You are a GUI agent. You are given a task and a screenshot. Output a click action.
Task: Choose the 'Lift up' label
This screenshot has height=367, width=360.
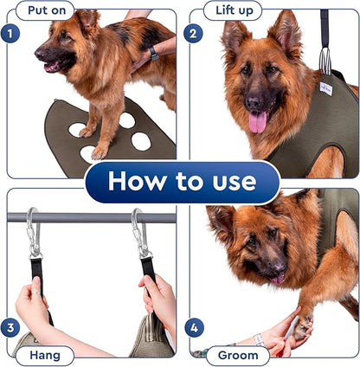tap(232, 10)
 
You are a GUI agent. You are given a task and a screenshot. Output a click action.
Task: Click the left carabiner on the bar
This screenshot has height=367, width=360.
tap(33, 234)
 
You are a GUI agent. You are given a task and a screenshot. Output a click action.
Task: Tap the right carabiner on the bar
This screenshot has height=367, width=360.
tap(139, 234)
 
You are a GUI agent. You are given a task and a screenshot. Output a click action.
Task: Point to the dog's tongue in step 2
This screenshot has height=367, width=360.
tap(257, 121)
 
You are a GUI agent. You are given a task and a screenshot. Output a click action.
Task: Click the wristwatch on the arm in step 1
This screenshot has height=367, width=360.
tap(153, 53)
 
